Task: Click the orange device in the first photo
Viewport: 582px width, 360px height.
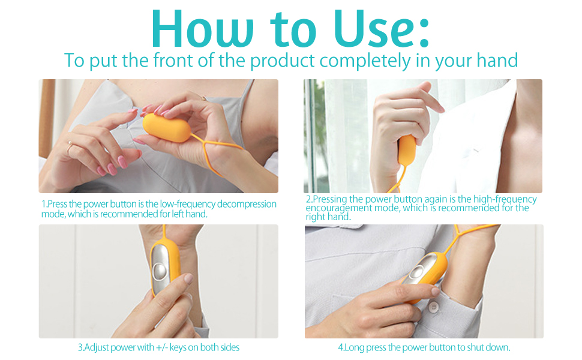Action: [x=166, y=128]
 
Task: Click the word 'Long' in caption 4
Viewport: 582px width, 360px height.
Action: [x=352, y=347]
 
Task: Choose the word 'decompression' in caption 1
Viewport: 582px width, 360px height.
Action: [x=247, y=205]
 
